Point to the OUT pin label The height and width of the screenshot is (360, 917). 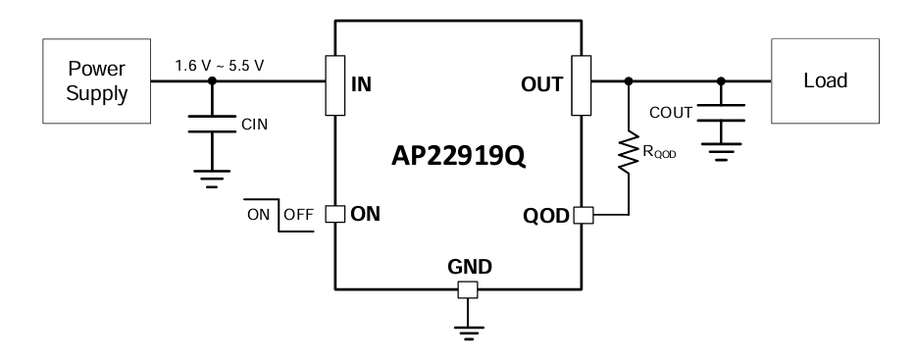click(542, 83)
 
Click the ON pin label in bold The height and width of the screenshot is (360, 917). click(365, 215)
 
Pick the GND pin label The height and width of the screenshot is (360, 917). click(468, 266)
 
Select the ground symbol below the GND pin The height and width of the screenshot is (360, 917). click(468, 334)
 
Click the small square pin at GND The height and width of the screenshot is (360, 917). click(468, 289)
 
